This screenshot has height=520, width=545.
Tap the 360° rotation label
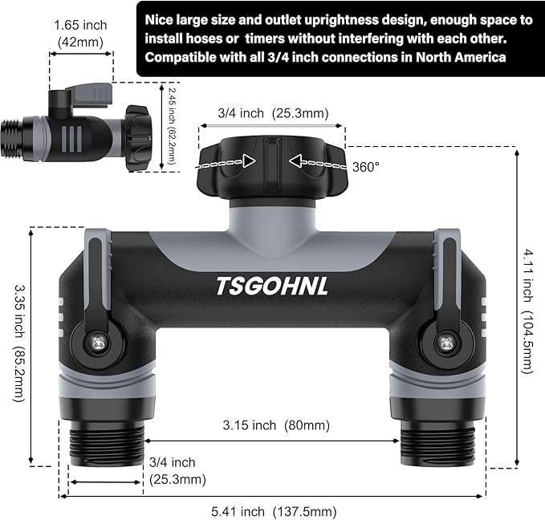pyautogui.click(x=366, y=166)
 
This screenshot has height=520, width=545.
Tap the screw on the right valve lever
pyautogui.click(x=444, y=343)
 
